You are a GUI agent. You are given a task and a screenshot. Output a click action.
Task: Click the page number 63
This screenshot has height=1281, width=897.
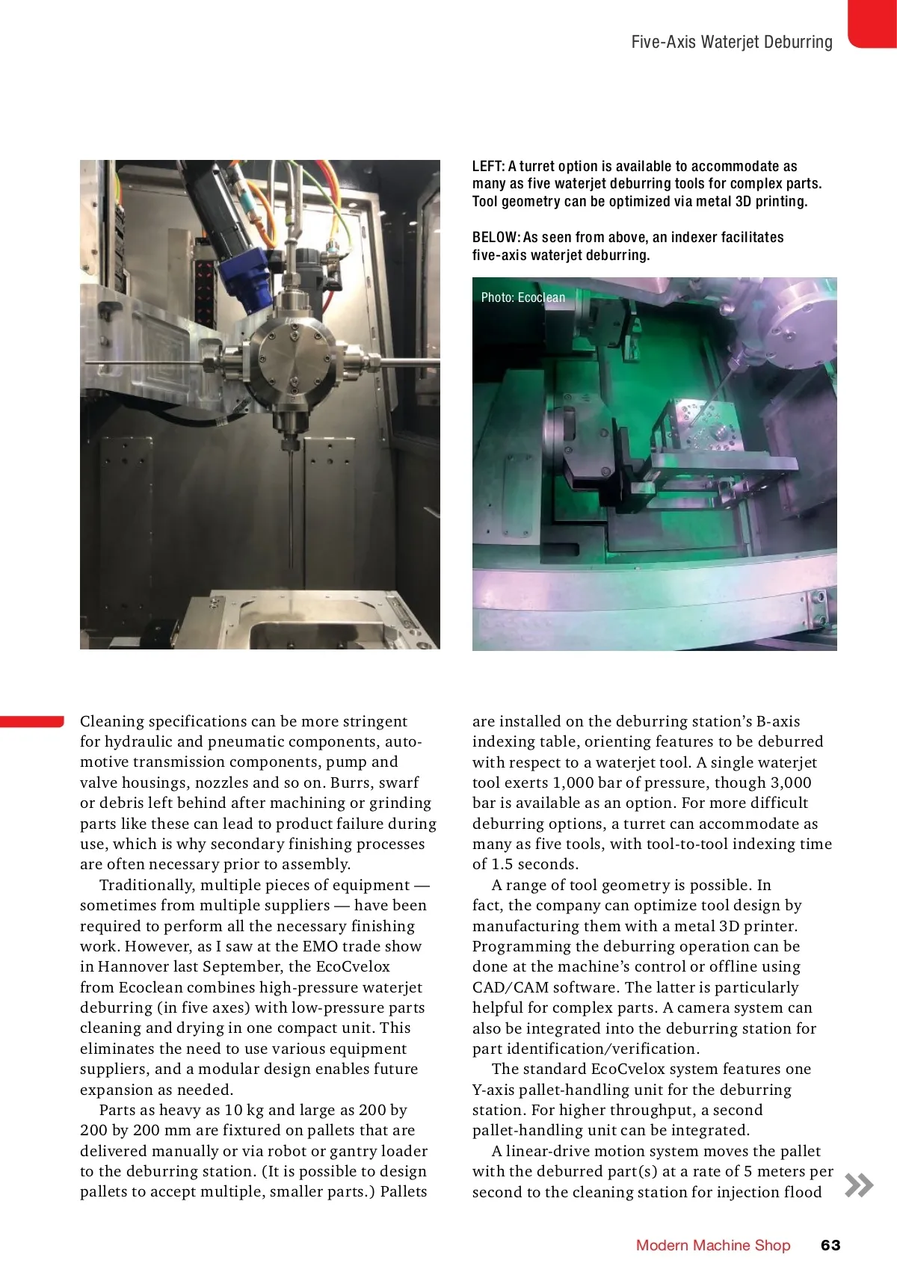point(830,1245)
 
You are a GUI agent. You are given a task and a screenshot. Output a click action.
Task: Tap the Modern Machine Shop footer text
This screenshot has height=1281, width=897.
point(712,1245)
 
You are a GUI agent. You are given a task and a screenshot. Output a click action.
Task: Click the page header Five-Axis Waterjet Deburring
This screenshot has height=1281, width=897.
point(731,42)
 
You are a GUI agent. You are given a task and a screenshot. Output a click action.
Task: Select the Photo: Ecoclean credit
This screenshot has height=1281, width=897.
point(523,297)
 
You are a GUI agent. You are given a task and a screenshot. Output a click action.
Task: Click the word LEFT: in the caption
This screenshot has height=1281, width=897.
point(488,166)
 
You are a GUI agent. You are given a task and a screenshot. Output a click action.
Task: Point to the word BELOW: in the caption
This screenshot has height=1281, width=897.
point(496,237)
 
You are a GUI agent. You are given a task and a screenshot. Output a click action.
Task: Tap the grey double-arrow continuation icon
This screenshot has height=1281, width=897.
point(859,1185)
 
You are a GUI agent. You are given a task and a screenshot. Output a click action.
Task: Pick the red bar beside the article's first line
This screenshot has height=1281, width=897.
point(31,721)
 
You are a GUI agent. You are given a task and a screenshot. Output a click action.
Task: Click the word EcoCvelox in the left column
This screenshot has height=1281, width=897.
point(353,966)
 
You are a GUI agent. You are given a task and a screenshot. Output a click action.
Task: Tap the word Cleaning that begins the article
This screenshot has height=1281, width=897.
point(112,721)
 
